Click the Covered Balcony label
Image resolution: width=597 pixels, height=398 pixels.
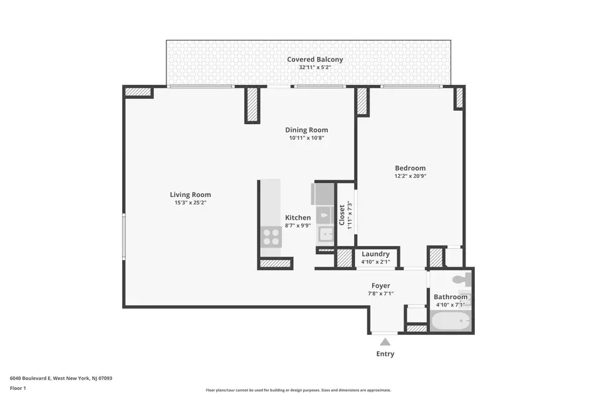click(x=315, y=60)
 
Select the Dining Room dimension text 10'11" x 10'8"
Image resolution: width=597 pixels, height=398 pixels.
click(x=306, y=139)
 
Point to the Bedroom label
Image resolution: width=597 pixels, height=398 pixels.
click(x=410, y=168)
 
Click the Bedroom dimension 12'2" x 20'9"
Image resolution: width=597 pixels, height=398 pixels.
click(x=410, y=176)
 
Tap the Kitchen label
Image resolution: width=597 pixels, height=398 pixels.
click(x=298, y=218)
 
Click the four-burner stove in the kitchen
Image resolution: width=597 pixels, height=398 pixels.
click(x=271, y=237)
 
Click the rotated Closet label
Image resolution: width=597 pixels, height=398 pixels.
click(x=342, y=215)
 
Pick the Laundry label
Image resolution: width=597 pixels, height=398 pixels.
click(x=375, y=254)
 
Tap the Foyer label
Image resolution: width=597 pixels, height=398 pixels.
click(x=381, y=286)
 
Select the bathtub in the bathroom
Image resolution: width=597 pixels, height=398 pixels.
click(x=450, y=322)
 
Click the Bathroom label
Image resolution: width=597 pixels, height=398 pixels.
click(x=451, y=297)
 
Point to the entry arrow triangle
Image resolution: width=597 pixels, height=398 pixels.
click(x=385, y=342)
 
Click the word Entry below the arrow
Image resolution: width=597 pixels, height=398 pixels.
click(x=385, y=354)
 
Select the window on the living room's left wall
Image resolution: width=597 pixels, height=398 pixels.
click(x=123, y=237)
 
